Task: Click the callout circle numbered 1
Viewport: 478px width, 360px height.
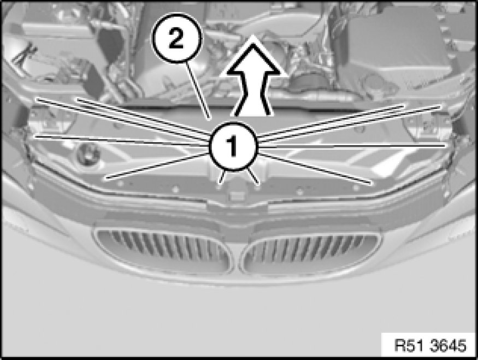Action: [233, 146]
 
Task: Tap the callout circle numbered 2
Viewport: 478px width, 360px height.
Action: [177, 38]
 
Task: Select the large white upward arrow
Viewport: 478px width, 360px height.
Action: [253, 76]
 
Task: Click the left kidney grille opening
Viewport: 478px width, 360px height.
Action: [163, 251]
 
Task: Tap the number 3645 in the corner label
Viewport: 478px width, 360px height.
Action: [448, 345]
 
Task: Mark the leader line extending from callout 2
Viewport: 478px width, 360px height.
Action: [198, 91]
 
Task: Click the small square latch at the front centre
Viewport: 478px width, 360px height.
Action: [236, 196]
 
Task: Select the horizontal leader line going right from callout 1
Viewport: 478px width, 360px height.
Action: [351, 146]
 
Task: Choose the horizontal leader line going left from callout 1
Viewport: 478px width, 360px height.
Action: [122, 141]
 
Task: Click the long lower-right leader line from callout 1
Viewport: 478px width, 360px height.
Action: [316, 169]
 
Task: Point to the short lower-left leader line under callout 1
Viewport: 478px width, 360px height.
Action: [222, 177]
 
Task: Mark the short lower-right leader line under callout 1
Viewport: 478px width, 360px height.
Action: [253, 177]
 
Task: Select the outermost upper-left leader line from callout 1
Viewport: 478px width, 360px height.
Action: [123, 120]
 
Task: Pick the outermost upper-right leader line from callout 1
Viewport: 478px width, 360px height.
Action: [350, 124]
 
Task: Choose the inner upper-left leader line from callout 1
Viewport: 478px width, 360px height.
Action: [144, 116]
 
